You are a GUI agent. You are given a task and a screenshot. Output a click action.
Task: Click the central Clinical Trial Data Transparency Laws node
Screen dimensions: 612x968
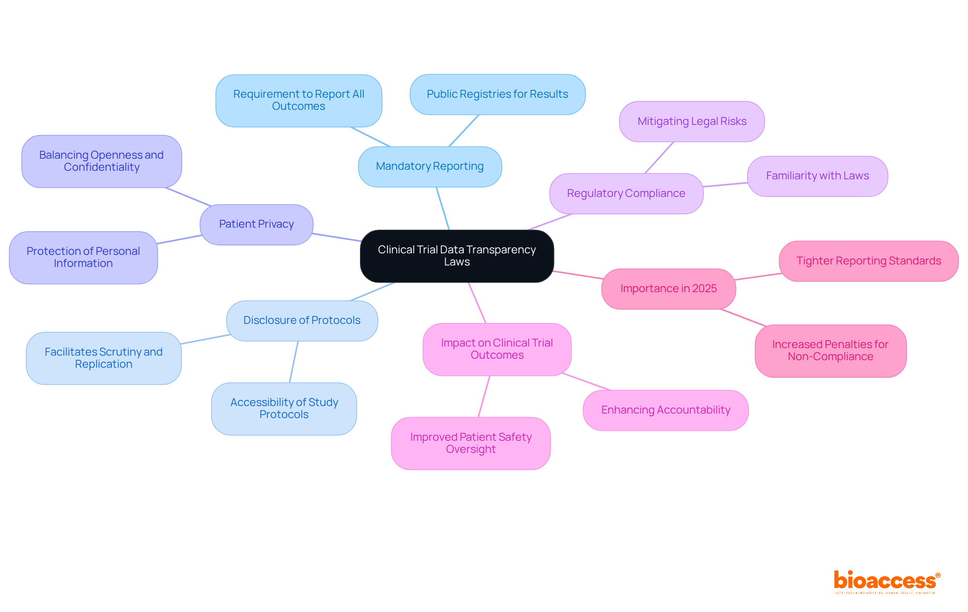457,256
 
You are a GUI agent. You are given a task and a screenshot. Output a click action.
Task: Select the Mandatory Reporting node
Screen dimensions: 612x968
430,166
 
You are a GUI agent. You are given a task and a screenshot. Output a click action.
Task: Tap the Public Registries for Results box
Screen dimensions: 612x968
497,94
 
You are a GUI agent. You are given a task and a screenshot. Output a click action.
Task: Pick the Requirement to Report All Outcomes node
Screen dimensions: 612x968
298,100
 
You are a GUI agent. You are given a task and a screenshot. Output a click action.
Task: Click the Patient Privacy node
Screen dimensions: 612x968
256,224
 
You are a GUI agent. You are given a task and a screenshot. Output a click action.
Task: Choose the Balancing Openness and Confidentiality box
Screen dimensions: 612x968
101,161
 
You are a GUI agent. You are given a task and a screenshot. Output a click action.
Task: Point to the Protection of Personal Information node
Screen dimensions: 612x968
83,257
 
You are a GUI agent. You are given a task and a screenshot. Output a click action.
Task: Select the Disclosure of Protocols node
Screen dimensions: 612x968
301,320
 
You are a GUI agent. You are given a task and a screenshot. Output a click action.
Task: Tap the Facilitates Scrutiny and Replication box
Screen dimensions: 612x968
103,358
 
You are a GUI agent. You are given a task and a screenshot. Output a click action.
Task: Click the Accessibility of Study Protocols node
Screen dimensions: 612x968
284,409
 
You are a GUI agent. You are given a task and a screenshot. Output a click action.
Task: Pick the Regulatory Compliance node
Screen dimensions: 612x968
626,193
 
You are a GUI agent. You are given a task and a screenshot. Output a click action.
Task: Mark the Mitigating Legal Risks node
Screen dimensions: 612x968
692,121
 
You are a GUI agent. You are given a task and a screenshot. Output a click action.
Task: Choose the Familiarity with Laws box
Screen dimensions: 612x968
817,176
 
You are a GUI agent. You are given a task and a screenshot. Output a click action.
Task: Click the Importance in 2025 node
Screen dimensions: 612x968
669,289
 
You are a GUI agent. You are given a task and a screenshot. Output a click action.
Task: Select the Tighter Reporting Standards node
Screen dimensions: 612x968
868,261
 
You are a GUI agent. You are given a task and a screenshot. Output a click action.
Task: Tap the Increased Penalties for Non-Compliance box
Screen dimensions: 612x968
830,351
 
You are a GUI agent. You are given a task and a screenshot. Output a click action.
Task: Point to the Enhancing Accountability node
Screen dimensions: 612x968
665,410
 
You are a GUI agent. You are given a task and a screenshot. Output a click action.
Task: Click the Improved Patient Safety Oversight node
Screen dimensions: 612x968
470,443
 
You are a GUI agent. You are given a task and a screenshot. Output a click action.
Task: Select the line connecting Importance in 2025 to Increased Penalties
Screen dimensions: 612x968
744,317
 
